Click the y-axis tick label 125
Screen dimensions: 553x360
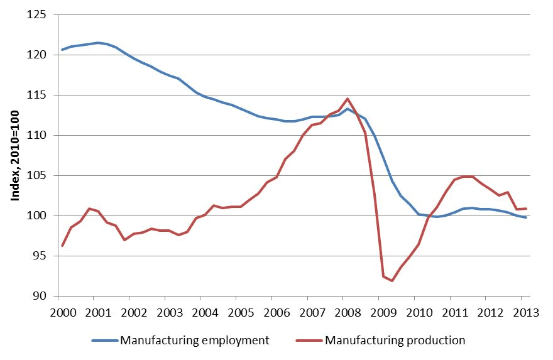tap(36, 15)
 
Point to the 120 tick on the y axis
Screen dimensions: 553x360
tap(36, 55)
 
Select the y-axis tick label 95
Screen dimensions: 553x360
tap(40, 256)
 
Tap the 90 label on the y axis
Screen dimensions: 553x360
tap(40, 296)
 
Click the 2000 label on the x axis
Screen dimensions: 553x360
tap(63, 312)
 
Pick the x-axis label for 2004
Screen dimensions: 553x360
tap(205, 312)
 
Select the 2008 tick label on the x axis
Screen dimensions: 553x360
tap(348, 312)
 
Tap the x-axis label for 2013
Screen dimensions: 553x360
tap(526, 312)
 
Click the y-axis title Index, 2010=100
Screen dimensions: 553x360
tap(15, 156)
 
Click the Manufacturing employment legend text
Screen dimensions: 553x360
tap(195, 341)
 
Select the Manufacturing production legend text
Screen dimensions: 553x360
tap(395, 341)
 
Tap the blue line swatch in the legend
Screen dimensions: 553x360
tap(105, 341)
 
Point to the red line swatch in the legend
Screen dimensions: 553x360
tap(309, 341)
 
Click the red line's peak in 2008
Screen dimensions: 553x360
tap(348, 99)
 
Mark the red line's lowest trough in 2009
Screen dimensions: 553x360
tap(392, 281)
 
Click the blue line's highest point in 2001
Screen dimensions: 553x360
tap(98, 43)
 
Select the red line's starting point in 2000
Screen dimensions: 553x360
tap(62, 246)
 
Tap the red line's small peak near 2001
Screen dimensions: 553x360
tap(89, 209)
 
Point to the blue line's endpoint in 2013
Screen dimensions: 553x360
tap(526, 217)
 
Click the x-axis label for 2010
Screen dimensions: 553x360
tap(419, 312)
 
